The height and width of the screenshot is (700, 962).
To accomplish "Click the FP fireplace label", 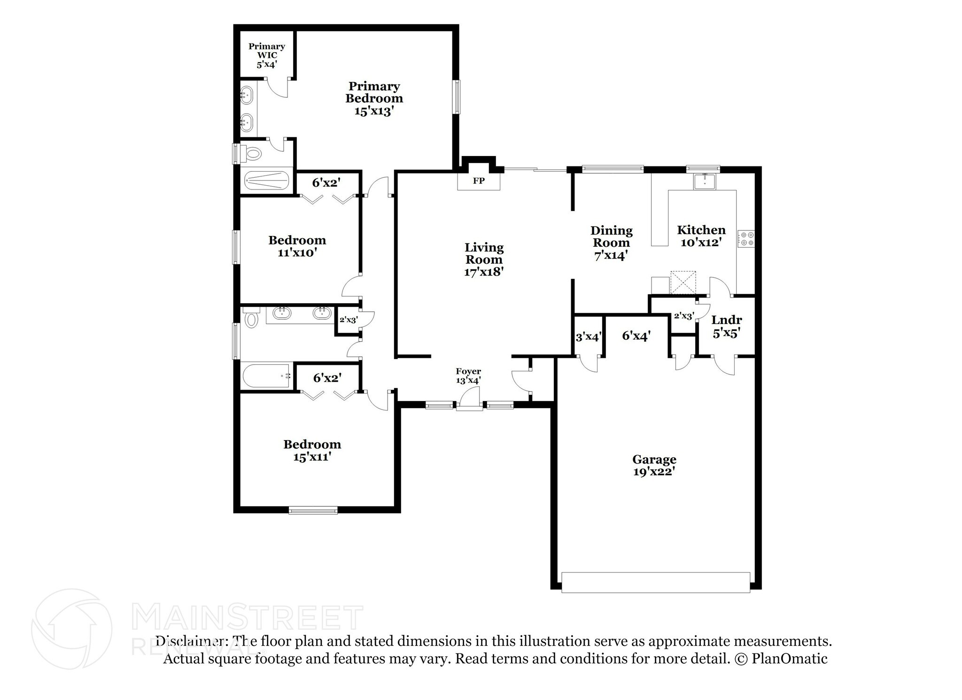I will coord(478,181).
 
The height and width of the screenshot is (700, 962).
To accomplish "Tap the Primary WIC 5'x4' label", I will coord(266,55).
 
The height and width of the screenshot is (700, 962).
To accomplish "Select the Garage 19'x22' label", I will coord(654,465).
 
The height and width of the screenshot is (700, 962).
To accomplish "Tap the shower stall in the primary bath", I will coord(266,181).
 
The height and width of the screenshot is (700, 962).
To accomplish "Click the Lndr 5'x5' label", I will coord(726,327).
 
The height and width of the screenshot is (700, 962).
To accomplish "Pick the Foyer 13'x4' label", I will coord(468,376).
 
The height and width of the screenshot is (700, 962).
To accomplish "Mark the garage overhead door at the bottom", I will coord(656,582).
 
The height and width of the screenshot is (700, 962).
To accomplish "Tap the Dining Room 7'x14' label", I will coord(611,243).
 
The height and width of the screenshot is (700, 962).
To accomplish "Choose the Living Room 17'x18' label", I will coord(484,260).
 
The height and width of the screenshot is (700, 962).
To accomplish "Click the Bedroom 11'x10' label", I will coord(297,246).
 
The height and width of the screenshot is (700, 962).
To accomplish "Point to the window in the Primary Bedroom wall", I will coord(457,97).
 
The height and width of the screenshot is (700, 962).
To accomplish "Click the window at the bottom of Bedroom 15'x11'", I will coord(313,510).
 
